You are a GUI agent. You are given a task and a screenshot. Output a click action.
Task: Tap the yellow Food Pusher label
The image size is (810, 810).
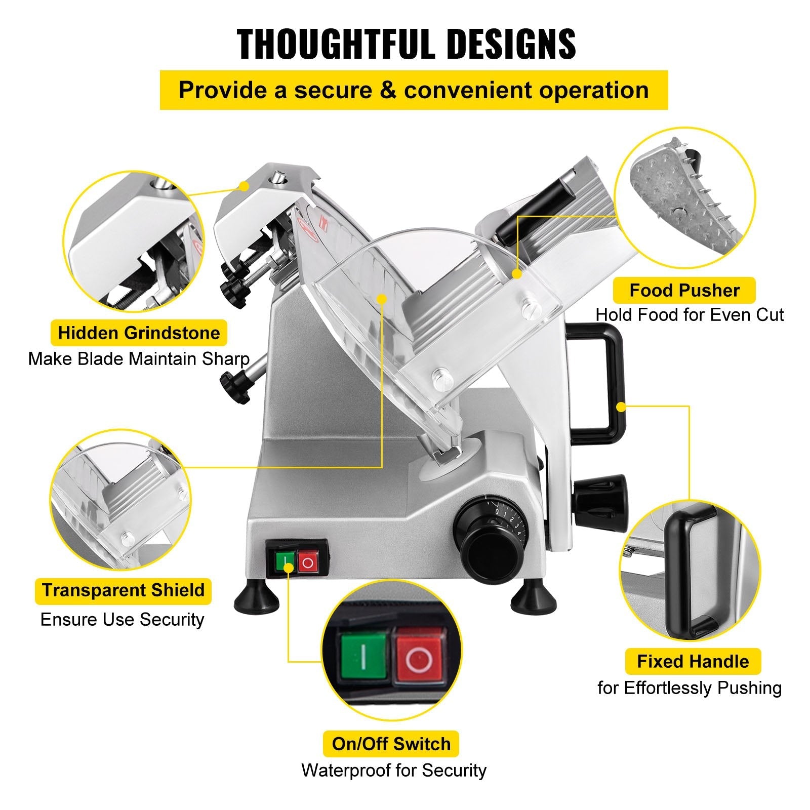[684, 291]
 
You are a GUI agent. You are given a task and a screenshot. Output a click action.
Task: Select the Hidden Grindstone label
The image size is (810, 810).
[139, 333]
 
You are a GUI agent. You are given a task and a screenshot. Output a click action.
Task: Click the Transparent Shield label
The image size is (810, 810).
[123, 590]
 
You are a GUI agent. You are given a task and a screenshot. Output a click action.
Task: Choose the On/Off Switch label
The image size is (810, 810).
[391, 744]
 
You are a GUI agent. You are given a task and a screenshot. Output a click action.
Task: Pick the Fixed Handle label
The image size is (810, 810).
[693, 661]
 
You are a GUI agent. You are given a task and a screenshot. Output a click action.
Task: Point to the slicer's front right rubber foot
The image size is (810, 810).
[534, 598]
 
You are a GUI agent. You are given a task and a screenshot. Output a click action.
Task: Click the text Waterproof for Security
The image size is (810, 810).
[394, 770]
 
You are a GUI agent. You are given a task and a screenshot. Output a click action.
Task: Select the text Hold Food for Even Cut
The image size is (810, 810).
[689, 315]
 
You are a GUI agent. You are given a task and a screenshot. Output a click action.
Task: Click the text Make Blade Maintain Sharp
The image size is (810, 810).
[139, 359]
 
